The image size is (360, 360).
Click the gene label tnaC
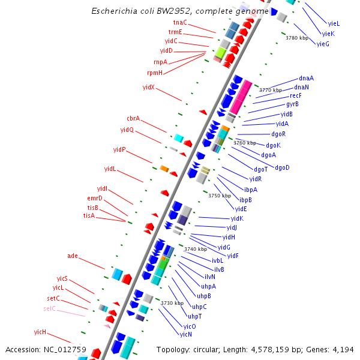pos(180,22)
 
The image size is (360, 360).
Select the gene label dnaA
pos(306,79)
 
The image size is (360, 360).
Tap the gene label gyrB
pos(292,104)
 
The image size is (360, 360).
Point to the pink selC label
pos(49,308)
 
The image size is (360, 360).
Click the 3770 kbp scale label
pos(270,90)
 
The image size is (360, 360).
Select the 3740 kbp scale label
pos(195,249)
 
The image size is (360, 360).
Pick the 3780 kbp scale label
pos(296,38)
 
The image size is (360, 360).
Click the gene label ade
pos(73,256)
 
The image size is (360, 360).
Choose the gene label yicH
pos(40,332)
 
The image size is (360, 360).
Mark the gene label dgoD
pos(282,167)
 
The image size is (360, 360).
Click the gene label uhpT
pos(194,316)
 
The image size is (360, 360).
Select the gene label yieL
pos(334,23)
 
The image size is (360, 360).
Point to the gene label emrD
pos(95,198)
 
